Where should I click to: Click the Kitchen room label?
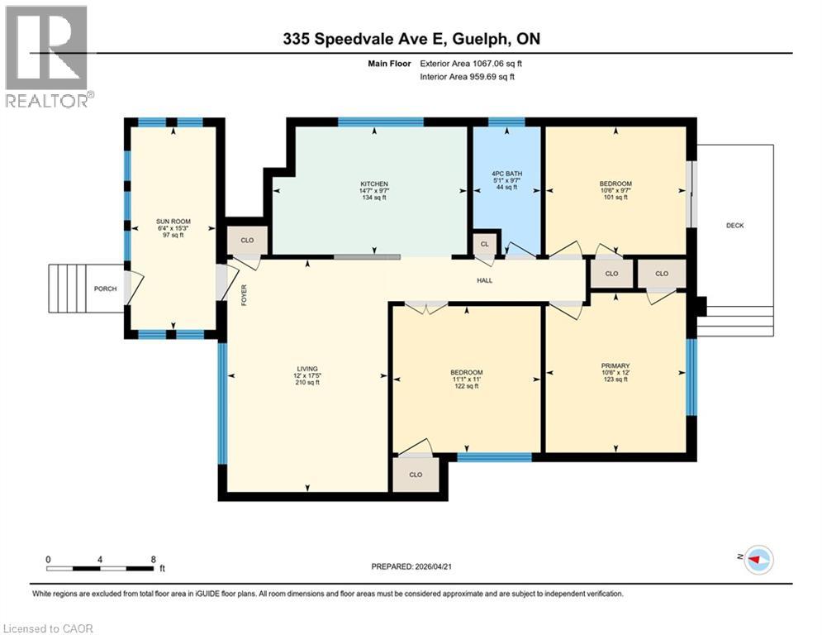(373, 184)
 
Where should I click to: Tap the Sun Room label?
(173, 222)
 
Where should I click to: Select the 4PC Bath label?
(507, 174)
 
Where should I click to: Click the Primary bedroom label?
(615, 365)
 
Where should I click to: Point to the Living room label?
(307, 369)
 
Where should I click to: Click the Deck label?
(735, 226)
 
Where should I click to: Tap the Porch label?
(106, 289)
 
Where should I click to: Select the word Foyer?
(244, 295)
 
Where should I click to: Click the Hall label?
(484, 280)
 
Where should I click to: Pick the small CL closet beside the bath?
(484, 244)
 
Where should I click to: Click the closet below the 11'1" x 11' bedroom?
(416, 475)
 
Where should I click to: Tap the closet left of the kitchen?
(247, 241)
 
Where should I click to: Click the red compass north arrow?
(756, 560)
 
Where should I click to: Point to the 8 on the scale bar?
(153, 560)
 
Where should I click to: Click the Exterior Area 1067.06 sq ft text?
(471, 64)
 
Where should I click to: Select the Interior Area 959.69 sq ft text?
(467, 77)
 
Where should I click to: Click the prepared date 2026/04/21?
(434, 566)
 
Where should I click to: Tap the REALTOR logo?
(47, 56)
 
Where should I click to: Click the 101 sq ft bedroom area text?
(615, 198)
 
